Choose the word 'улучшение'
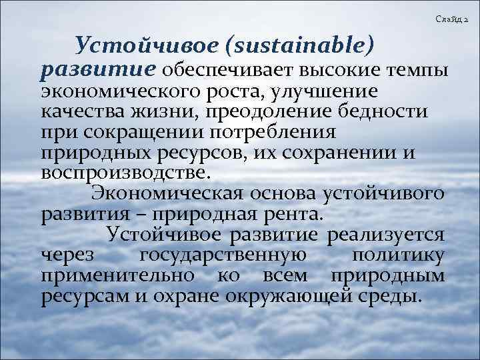[x=331, y=91]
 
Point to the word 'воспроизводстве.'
[x=126, y=173]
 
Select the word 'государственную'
[x=225, y=256]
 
